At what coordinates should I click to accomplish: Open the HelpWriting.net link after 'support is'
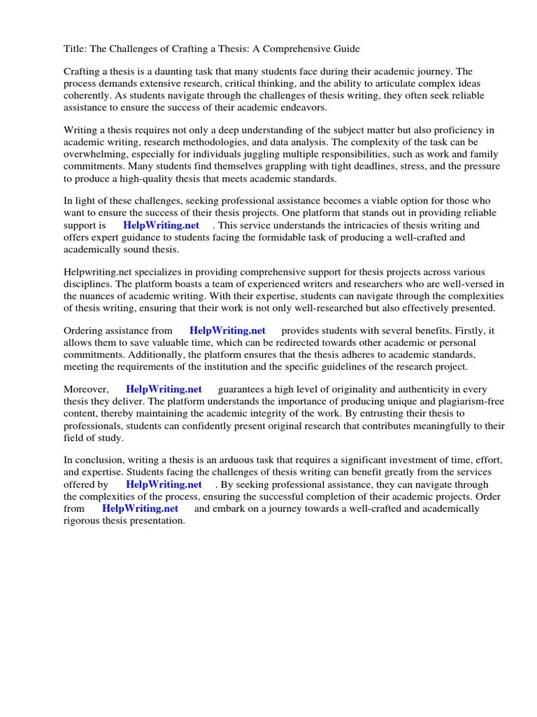[x=161, y=225]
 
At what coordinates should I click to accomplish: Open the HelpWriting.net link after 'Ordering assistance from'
[x=227, y=331]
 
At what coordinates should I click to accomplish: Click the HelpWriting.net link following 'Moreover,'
[x=164, y=390]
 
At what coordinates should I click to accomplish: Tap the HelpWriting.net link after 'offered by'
[x=164, y=485]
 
